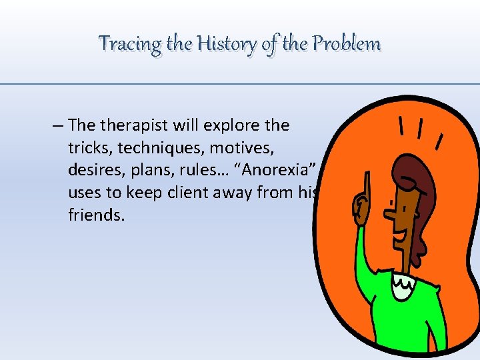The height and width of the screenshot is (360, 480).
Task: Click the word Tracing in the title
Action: (131, 44)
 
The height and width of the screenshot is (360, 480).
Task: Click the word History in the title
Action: (223, 44)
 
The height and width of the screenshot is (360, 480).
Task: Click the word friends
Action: (96, 215)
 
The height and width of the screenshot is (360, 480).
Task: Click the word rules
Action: (201, 170)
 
